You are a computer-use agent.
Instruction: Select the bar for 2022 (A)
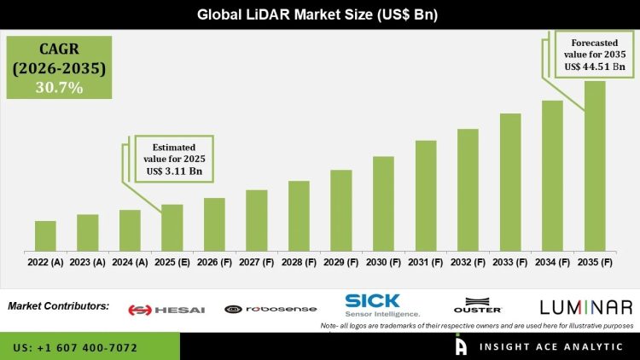45,235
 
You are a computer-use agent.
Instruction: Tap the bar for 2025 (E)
172,228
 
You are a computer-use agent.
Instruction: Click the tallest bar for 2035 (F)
595,166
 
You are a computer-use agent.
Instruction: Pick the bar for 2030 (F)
383,204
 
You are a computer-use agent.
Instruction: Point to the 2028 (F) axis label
299,263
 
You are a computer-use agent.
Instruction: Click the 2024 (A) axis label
130,263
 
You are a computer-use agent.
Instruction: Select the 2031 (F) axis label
426,263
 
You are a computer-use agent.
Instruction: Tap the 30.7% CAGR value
57,86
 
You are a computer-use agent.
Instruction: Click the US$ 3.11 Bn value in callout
172,171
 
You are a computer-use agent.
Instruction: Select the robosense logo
271,310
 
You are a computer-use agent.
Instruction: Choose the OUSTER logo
478,308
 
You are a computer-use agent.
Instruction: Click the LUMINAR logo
586,307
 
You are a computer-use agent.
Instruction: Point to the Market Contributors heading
58,305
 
